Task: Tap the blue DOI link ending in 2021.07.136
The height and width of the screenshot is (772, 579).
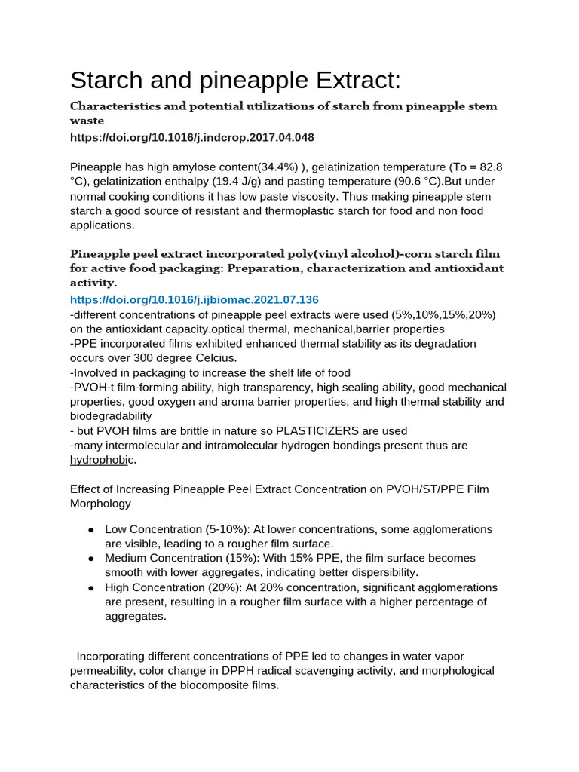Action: click(195, 299)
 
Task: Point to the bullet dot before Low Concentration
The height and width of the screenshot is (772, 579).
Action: click(90, 530)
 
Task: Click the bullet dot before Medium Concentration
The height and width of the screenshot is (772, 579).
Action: click(90, 559)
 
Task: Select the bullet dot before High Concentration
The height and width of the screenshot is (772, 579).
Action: click(90, 587)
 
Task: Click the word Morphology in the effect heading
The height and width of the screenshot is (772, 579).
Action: click(100, 503)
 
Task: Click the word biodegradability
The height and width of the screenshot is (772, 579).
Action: click(111, 416)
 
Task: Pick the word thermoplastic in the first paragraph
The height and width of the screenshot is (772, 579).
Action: click(305, 210)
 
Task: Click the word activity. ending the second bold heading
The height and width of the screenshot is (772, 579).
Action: click(93, 283)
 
